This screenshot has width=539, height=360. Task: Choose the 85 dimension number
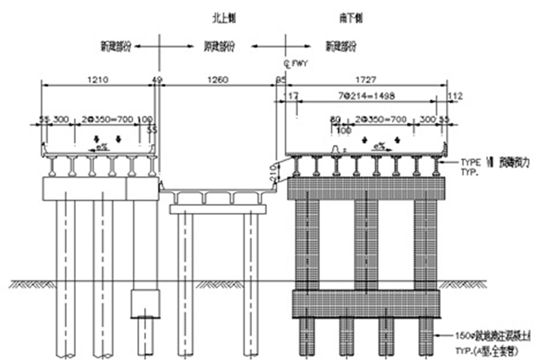[x=281, y=80]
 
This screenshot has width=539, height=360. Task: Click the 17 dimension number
[x=291, y=96]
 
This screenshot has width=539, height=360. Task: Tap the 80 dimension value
[x=336, y=119]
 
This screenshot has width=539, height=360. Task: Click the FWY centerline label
[x=296, y=62]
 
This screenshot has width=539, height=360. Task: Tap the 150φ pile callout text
[x=493, y=336]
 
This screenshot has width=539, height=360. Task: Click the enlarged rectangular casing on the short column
[x=145, y=303]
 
